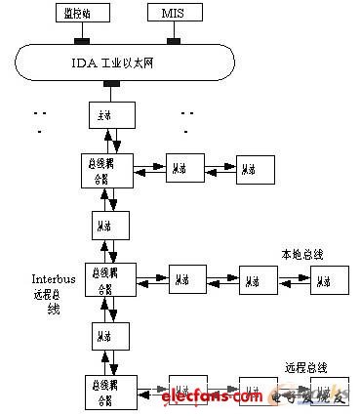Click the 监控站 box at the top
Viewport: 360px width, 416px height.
coord(81,14)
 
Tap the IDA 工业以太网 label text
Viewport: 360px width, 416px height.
coord(126,63)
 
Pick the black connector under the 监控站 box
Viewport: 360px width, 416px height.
coord(81,41)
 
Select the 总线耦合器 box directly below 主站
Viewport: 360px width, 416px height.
coord(106,172)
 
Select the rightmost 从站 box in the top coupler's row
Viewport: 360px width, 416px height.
coord(255,169)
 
